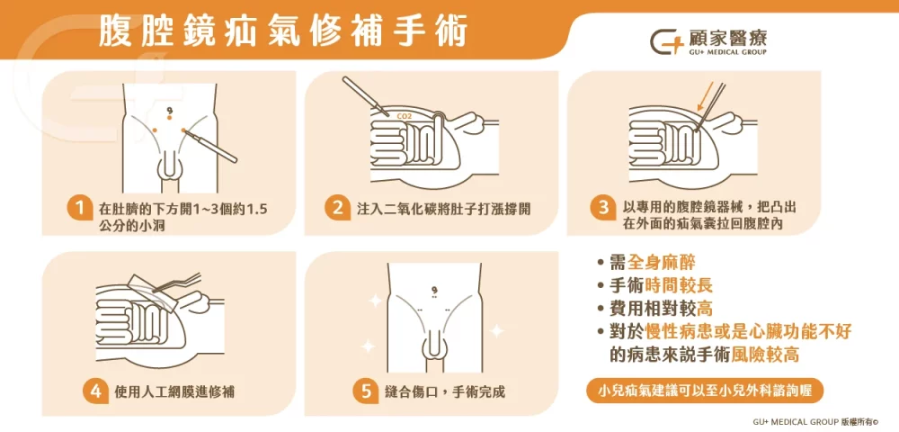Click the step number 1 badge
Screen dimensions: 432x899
click(x=81, y=209)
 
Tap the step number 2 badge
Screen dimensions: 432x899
click(x=338, y=209)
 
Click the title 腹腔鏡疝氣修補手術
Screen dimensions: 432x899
click(x=283, y=34)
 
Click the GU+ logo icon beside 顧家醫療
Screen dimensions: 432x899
click(x=666, y=44)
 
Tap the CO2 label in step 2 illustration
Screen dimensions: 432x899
click(x=405, y=116)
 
